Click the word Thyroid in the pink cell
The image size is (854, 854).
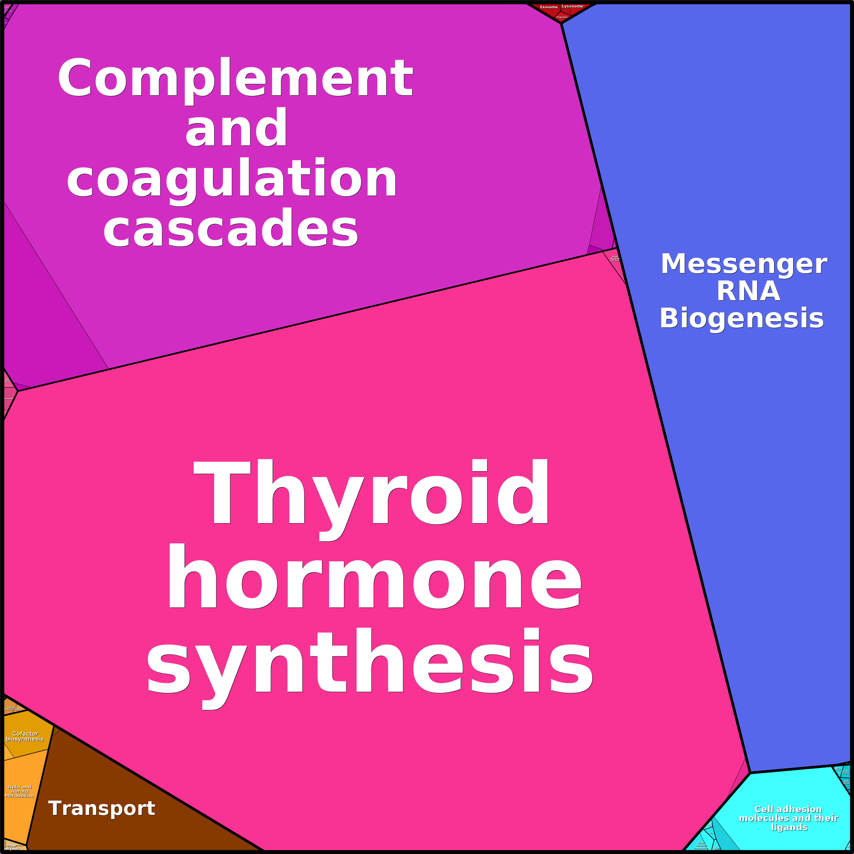point(371,493)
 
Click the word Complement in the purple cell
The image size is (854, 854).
point(235,79)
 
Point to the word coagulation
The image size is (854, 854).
point(232,179)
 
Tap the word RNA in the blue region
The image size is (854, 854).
point(748,291)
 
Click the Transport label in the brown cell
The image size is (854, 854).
point(102,808)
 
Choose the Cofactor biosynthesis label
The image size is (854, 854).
point(25,736)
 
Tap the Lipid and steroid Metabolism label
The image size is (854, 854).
point(19,791)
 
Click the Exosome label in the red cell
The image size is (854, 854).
point(549,7)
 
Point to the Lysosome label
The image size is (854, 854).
point(573,6)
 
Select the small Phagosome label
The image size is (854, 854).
point(562,17)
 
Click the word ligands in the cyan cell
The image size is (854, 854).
point(789,827)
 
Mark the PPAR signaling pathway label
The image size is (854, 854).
point(615,258)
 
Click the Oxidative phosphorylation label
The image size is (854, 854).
point(12,708)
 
